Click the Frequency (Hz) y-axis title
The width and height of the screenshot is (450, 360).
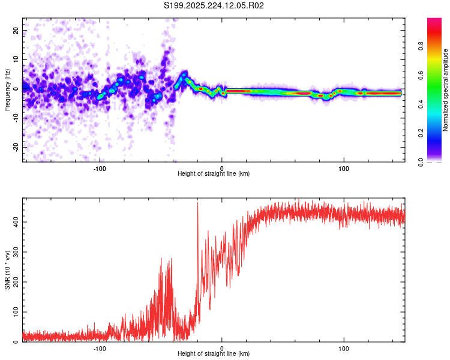8,90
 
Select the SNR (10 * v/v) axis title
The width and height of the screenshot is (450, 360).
8,270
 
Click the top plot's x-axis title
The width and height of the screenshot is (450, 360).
214,173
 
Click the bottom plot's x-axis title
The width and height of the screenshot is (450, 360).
214,353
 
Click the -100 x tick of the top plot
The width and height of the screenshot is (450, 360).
100,168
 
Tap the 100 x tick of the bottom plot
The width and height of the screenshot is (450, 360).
344,348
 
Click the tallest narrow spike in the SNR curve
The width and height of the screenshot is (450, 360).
197,204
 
